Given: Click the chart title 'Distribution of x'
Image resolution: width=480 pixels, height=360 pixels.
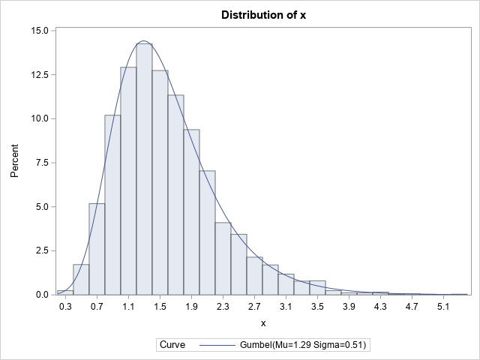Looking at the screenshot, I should coord(262,15).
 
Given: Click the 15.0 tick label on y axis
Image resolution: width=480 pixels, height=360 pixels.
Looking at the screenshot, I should coord(40,31).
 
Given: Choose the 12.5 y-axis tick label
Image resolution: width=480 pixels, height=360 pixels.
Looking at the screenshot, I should coord(40,75).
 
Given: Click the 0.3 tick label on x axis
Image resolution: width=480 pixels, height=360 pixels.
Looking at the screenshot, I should coord(65,307).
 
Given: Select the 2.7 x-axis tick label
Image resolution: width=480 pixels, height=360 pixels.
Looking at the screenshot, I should coord(254,307).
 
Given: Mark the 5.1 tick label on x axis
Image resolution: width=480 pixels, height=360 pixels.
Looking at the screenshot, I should coord(443,307).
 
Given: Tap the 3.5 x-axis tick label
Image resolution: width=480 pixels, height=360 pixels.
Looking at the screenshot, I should coord(317,307).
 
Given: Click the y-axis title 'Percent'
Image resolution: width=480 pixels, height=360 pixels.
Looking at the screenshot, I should coord(15,163).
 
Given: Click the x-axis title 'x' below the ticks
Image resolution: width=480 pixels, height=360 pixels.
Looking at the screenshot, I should coord(262,323).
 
